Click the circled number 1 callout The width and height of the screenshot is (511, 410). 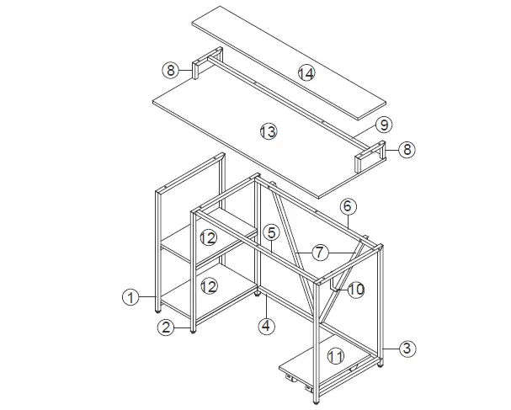click(130, 296)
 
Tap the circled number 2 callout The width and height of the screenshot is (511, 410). click(167, 327)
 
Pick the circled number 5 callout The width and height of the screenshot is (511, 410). click(269, 232)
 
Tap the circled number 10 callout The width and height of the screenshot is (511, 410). click(355, 289)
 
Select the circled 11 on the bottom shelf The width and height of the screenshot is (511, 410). click(336, 354)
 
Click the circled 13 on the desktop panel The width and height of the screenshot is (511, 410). click(268, 132)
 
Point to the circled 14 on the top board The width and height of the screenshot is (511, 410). click(305, 74)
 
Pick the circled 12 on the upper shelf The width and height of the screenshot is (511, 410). click(208, 238)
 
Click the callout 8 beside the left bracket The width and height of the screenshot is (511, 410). click(169, 71)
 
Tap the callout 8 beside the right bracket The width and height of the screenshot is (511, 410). click(407, 150)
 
